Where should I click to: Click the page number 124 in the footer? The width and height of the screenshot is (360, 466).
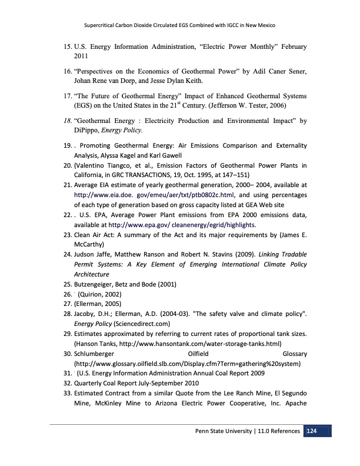pos(312,432)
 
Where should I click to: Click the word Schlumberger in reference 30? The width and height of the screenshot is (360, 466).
pos(95,353)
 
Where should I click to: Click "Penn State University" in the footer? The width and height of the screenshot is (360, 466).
pos(225,432)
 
